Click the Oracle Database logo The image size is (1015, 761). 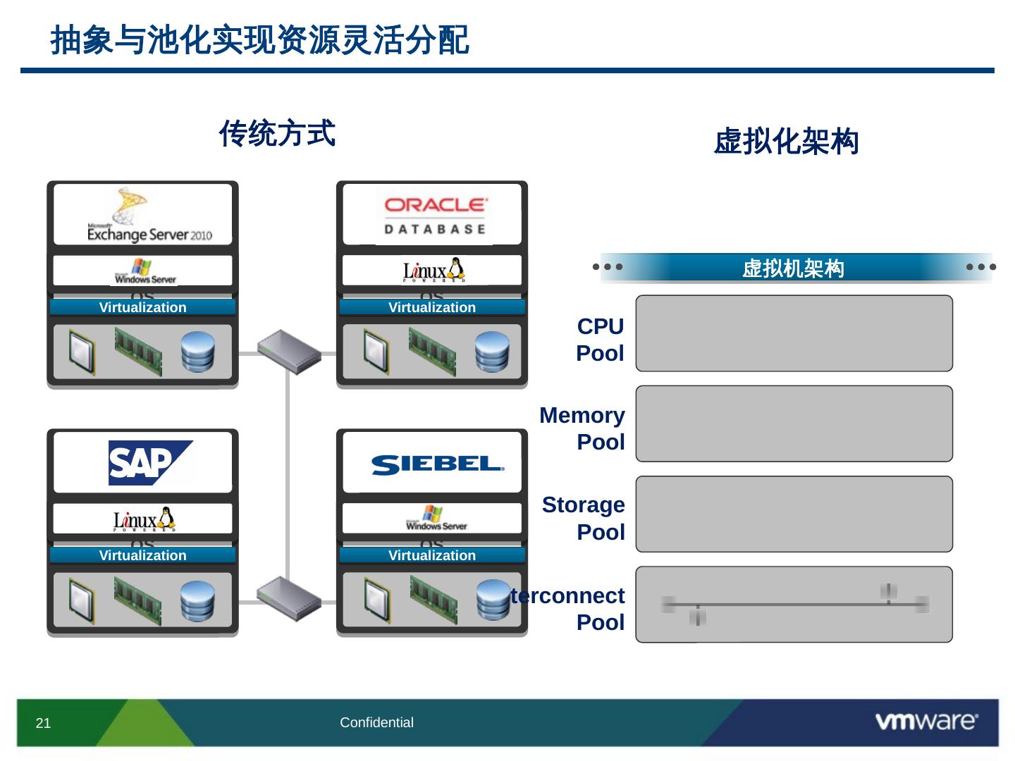click(x=435, y=214)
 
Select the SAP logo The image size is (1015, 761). click(x=149, y=463)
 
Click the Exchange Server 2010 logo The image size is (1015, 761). click(x=149, y=216)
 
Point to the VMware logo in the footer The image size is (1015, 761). click(x=925, y=721)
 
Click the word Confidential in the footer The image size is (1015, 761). click(x=376, y=722)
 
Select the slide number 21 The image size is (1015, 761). click(x=43, y=723)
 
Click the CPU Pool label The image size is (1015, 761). click(x=600, y=340)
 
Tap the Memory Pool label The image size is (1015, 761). click(x=583, y=428)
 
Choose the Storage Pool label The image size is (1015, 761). click(x=584, y=518)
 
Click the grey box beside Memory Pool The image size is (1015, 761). click(x=794, y=423)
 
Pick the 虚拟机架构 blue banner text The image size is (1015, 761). click(x=793, y=268)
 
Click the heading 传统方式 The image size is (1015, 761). click(x=277, y=133)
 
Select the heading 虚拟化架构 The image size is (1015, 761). click(x=786, y=141)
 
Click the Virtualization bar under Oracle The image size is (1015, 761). click(x=432, y=307)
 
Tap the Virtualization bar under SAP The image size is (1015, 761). click(x=143, y=555)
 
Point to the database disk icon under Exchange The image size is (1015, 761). click(x=198, y=352)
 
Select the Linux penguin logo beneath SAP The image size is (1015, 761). click(x=144, y=520)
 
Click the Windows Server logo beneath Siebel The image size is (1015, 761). click(x=436, y=518)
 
